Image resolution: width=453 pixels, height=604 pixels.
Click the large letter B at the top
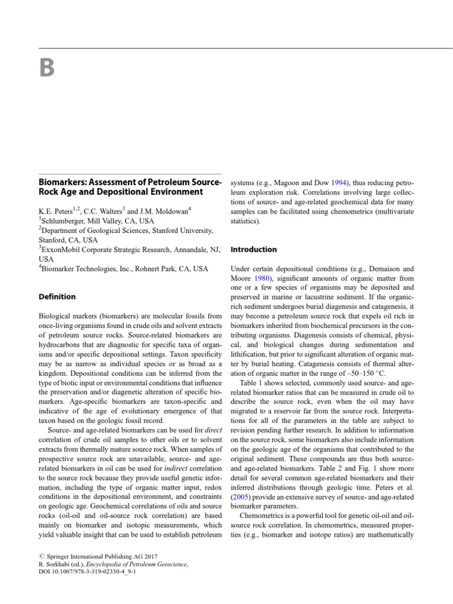pos(47,69)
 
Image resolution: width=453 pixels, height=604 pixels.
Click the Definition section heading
pos(57,297)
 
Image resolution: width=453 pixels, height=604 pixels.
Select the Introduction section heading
pos(253,249)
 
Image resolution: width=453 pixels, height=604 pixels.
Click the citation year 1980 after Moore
pos(264,278)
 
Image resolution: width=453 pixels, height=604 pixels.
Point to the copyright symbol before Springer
pos(40,556)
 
